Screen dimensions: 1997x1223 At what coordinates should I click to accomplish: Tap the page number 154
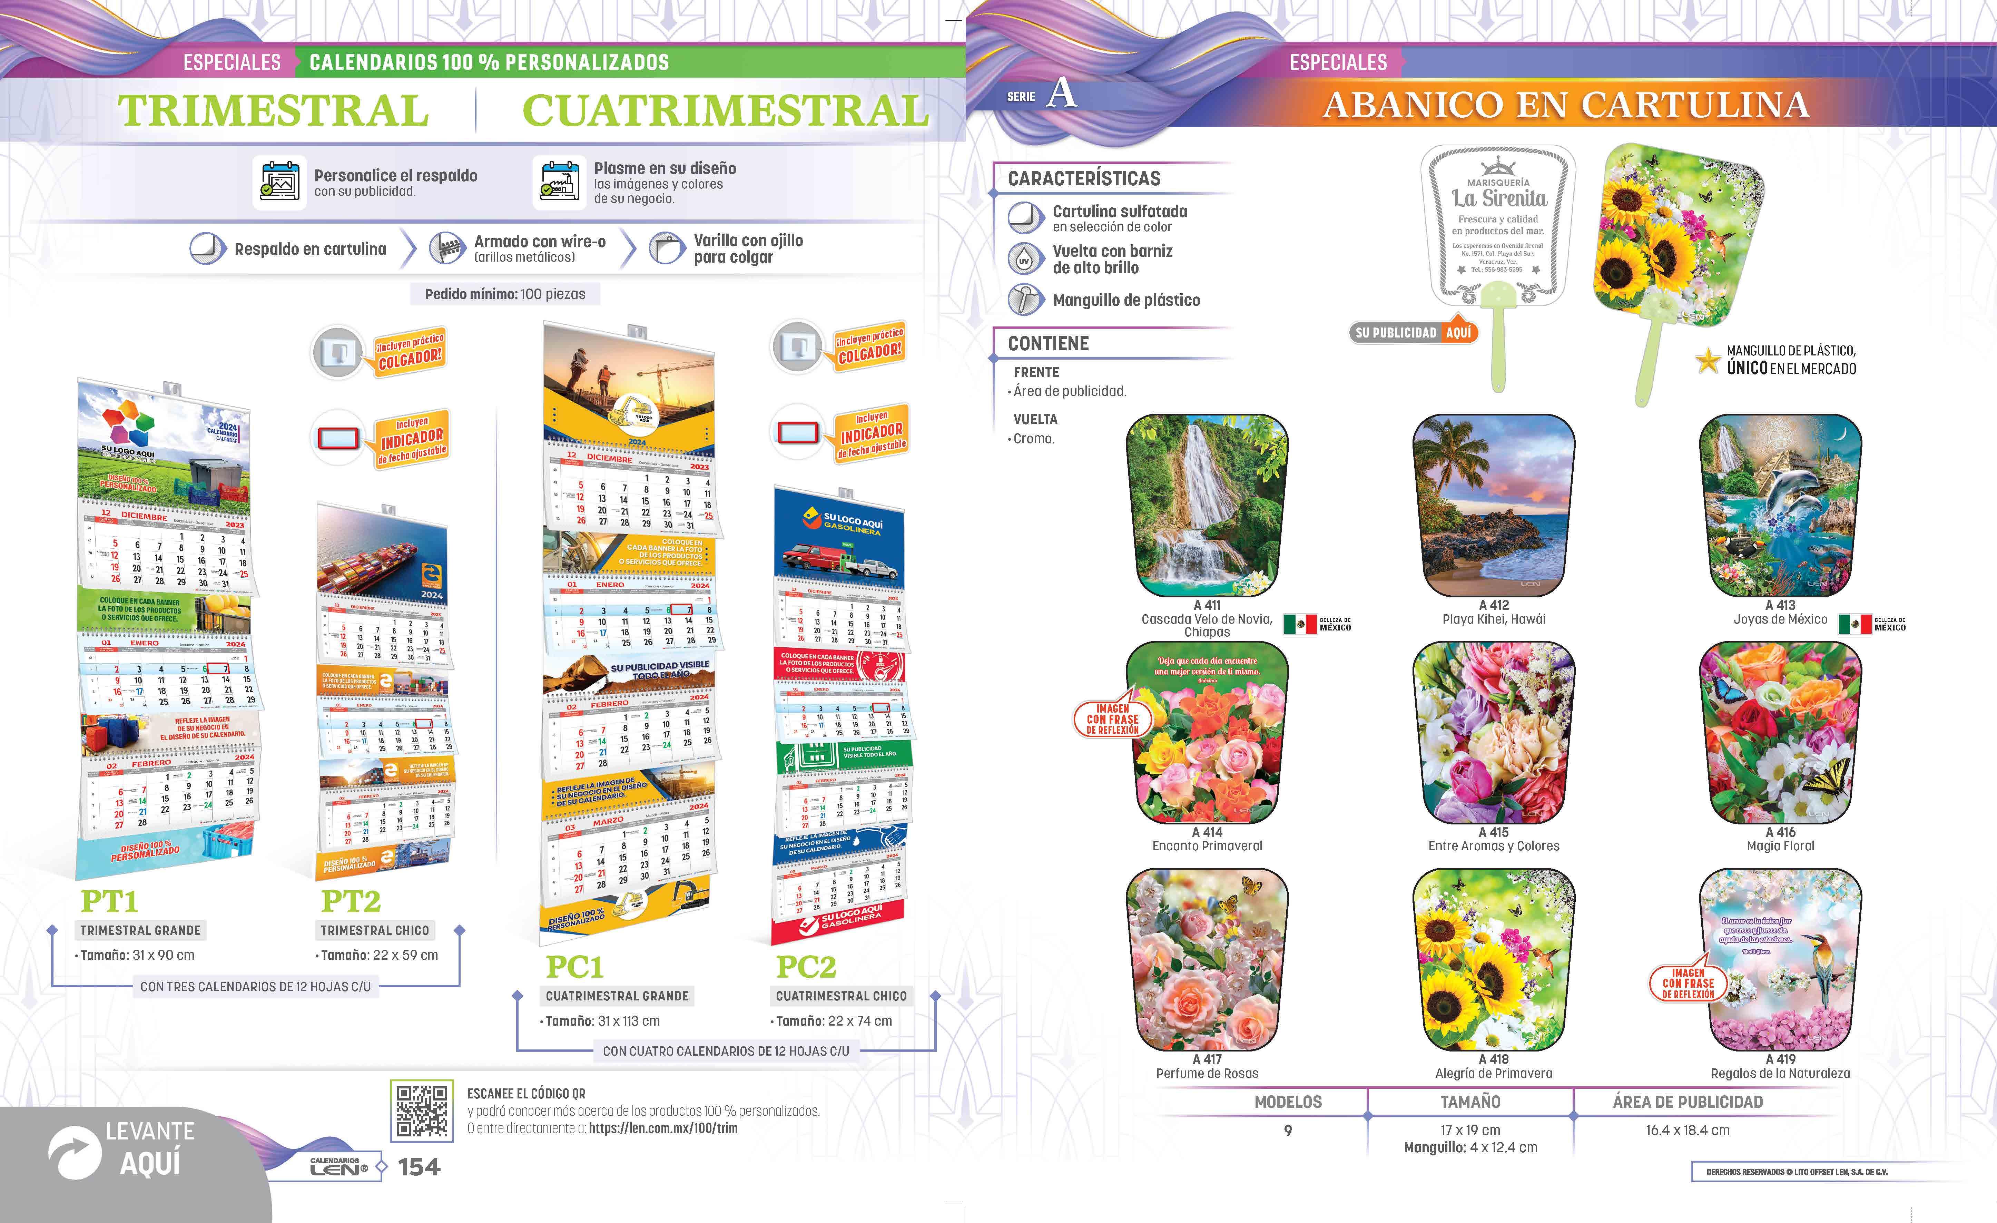pyautogui.click(x=419, y=1167)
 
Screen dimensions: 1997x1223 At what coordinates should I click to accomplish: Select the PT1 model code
pyautogui.click(x=109, y=901)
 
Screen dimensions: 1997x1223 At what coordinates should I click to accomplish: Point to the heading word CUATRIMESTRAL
pyautogui.click(x=725, y=111)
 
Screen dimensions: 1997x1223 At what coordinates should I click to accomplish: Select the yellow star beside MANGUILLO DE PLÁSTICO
pyautogui.click(x=1708, y=361)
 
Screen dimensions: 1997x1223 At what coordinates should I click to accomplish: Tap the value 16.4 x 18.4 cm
pyautogui.click(x=1688, y=1130)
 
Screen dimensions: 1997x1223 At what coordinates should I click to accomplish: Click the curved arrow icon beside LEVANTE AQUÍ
pyautogui.click(x=75, y=1153)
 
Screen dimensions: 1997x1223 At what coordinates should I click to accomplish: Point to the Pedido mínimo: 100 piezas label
pyautogui.click(x=505, y=294)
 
